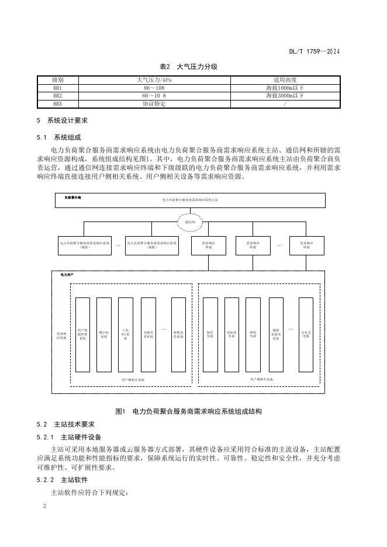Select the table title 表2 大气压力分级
[x=193, y=67]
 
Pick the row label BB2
[x=57, y=95]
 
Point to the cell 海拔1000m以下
[x=284, y=88]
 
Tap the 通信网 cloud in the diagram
[x=190, y=222]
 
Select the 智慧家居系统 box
[x=178, y=335]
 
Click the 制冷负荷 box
[x=210, y=335]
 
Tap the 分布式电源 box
[x=306, y=335]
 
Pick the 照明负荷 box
[x=253, y=335]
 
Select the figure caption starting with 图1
[x=193, y=411]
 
